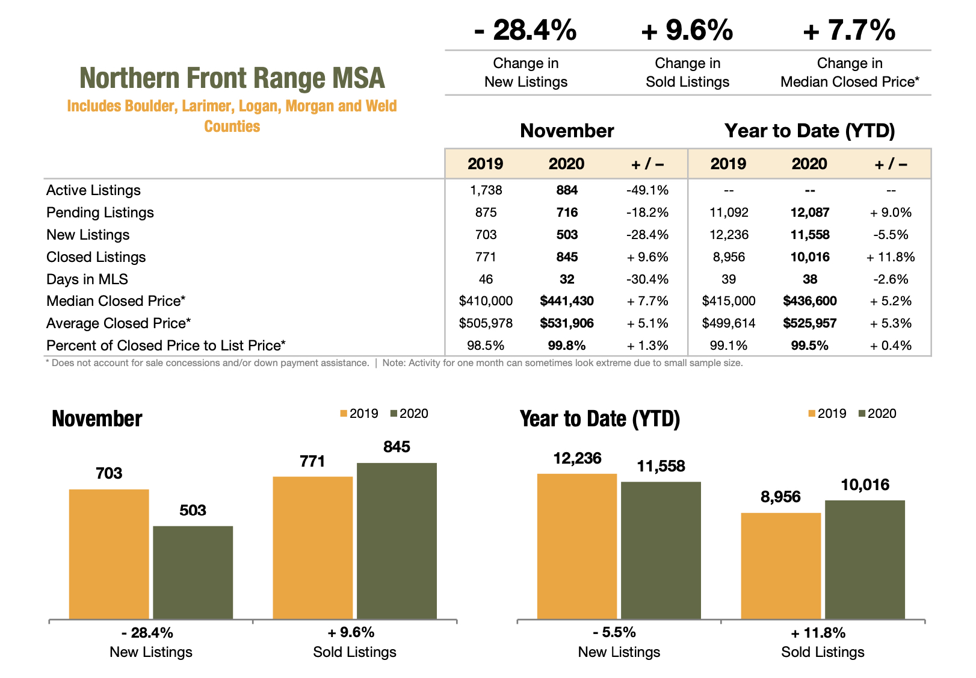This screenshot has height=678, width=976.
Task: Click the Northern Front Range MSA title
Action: click(x=232, y=78)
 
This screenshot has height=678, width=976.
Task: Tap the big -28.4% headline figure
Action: click(x=525, y=30)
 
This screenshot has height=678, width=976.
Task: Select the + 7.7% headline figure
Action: click(x=849, y=30)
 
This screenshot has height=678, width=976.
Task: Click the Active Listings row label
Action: click(x=93, y=190)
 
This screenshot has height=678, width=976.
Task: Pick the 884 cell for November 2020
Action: click(x=566, y=190)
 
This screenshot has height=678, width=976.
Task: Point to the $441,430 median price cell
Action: click(x=566, y=301)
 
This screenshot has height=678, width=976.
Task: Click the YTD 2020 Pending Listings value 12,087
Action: click(x=809, y=213)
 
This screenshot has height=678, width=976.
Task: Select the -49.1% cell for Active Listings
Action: click(x=647, y=190)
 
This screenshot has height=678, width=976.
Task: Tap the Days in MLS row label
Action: click(x=87, y=279)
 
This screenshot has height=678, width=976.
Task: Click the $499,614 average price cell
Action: click(x=728, y=323)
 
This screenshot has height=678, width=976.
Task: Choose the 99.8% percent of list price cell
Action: click(x=566, y=346)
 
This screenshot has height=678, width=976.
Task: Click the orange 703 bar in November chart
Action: click(x=109, y=554)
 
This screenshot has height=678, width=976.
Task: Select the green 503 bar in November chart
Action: click(x=193, y=572)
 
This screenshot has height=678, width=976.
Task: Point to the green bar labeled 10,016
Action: click(x=865, y=559)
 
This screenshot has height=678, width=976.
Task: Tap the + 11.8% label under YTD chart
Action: click(x=818, y=633)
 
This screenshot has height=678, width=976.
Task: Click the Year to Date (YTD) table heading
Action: click(x=809, y=131)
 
